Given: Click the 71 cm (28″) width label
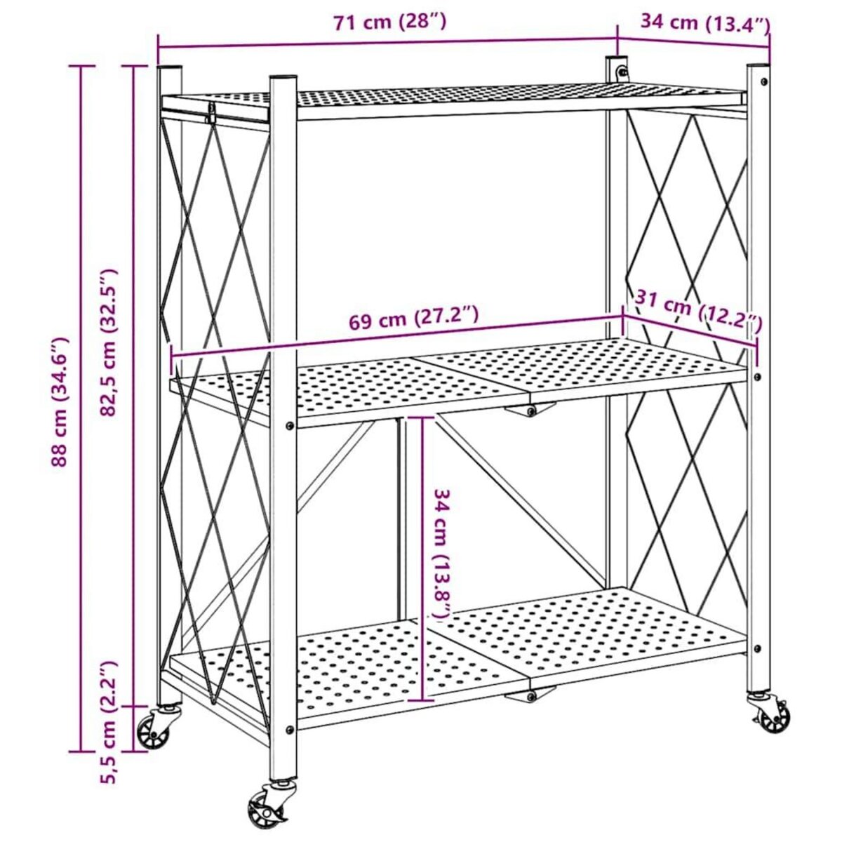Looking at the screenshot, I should coord(389,22).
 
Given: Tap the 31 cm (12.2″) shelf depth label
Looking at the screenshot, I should coord(699,312).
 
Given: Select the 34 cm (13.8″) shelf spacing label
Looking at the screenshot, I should coord(441,554).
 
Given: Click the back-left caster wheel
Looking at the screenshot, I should coord(154,730).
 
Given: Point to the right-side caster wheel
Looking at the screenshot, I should coord(772,716).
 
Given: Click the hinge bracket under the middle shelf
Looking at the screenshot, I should coord(530,410).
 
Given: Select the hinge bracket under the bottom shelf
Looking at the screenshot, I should coord(530,695).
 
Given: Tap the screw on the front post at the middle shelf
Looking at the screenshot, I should coord(290,425).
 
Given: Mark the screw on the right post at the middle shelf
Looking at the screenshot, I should coord(756,377).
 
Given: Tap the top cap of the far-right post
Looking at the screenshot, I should coord(758,67).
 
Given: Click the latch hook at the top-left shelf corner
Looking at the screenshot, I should coord(209,112).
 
